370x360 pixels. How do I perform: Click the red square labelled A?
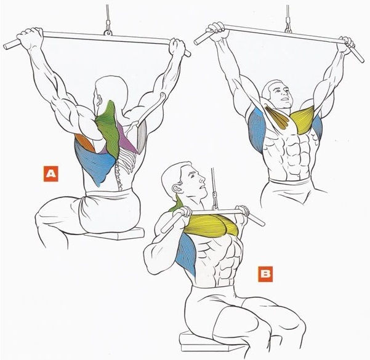pos(50,174)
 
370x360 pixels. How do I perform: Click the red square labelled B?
pos(265,274)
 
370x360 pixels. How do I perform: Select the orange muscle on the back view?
pos(84,143)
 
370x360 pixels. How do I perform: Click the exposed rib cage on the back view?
pos(127,161)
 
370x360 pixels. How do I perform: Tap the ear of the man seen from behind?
pos(99,100)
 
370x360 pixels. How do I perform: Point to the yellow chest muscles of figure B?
pos(211,225)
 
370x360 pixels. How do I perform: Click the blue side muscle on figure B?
pos(187,254)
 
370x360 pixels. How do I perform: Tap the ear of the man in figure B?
pos(176,189)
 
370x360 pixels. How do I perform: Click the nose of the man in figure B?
pos(202,180)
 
